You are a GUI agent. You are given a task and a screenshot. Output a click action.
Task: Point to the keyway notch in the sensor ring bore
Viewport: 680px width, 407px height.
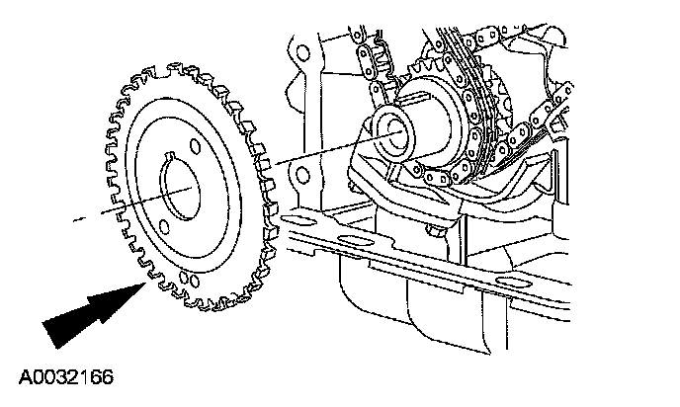point(175,153)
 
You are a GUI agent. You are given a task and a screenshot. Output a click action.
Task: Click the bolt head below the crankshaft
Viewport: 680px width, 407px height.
point(436,232)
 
